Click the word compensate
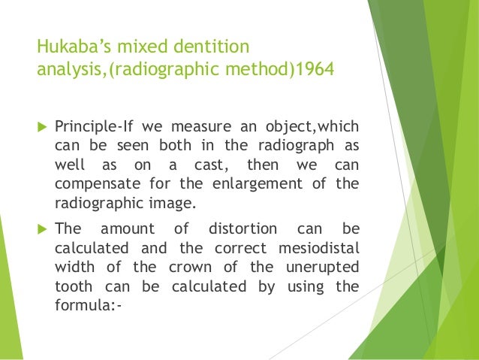point(93,184)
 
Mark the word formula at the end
point(83,307)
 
